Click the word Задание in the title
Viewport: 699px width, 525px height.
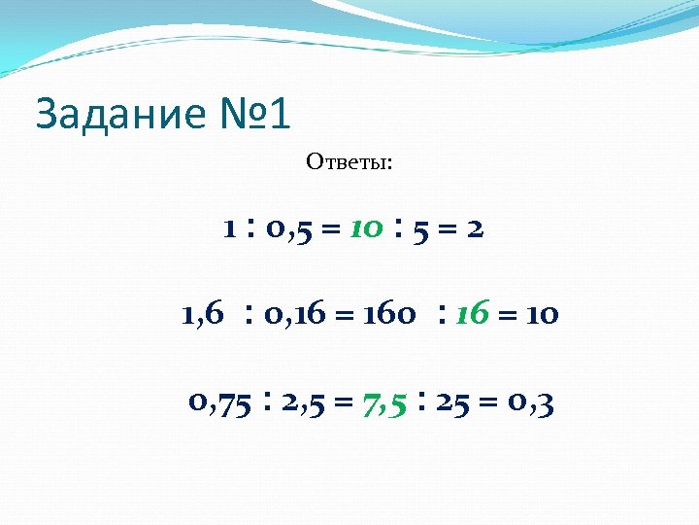pos(118,115)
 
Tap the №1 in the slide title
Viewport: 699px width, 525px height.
pos(250,115)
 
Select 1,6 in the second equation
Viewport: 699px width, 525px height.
pos(202,314)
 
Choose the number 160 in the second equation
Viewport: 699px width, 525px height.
pos(390,314)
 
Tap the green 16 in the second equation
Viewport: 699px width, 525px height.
pos(472,314)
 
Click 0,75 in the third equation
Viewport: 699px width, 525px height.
pos(218,402)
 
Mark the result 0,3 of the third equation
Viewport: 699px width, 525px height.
pos(531,402)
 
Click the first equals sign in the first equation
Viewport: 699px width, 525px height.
pos(330,230)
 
